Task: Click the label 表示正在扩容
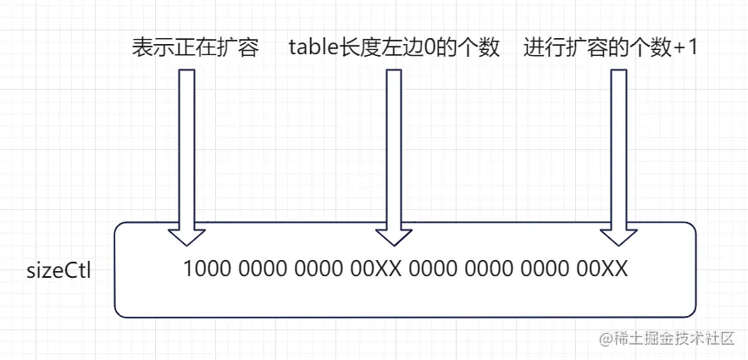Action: coord(194,47)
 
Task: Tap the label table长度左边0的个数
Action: coord(394,47)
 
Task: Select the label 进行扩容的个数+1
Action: coord(610,47)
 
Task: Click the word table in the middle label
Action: coord(312,47)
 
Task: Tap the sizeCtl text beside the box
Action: coord(59,272)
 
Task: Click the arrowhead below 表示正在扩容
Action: coord(186,233)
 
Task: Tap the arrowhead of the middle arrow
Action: coord(393,233)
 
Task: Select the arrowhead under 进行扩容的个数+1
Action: coord(619,233)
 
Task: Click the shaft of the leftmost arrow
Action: coord(186,144)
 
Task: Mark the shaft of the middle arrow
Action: coord(393,144)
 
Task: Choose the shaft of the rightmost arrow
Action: coord(619,144)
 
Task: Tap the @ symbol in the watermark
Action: coord(607,339)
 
